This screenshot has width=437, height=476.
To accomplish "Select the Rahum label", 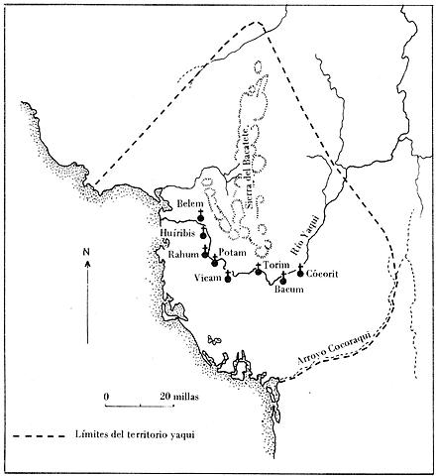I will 183,253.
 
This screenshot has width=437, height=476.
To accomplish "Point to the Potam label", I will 231,254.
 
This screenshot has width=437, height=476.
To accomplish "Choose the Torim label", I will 275,266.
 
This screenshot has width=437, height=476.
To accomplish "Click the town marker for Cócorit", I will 301,271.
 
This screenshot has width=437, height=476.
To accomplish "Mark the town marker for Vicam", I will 228,279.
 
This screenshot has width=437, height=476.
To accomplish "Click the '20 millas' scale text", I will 178,396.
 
